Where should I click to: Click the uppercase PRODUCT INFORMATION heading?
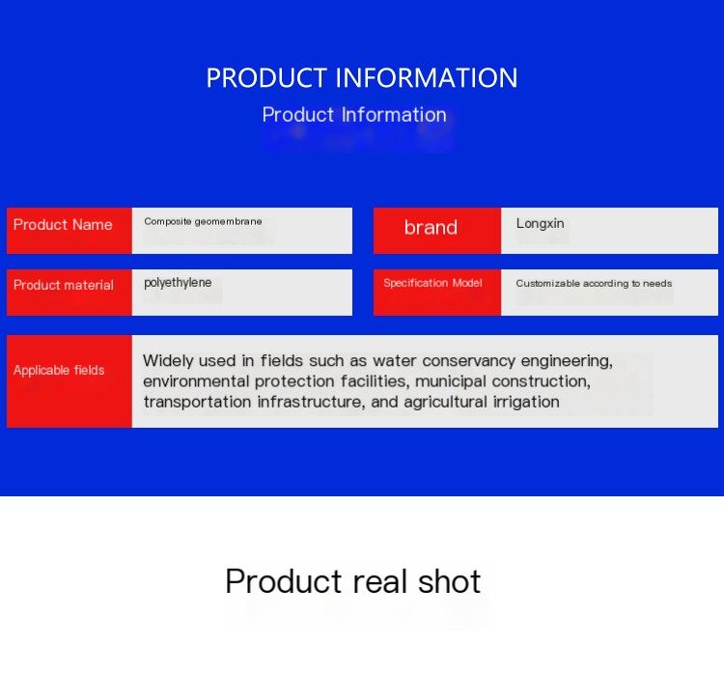(x=362, y=77)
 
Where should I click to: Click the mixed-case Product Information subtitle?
(x=354, y=115)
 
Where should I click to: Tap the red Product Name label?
(x=63, y=225)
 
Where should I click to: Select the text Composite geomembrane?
(x=203, y=221)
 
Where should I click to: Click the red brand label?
(x=431, y=227)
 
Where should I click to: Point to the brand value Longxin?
(x=540, y=224)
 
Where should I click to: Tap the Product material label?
(x=64, y=285)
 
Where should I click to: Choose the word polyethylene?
(x=178, y=283)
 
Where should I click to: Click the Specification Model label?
(x=432, y=283)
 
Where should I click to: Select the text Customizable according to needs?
(x=594, y=283)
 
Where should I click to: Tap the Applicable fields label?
(x=59, y=370)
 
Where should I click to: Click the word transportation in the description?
(x=198, y=402)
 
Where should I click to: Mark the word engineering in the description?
(x=567, y=361)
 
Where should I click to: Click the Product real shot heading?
(x=353, y=581)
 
